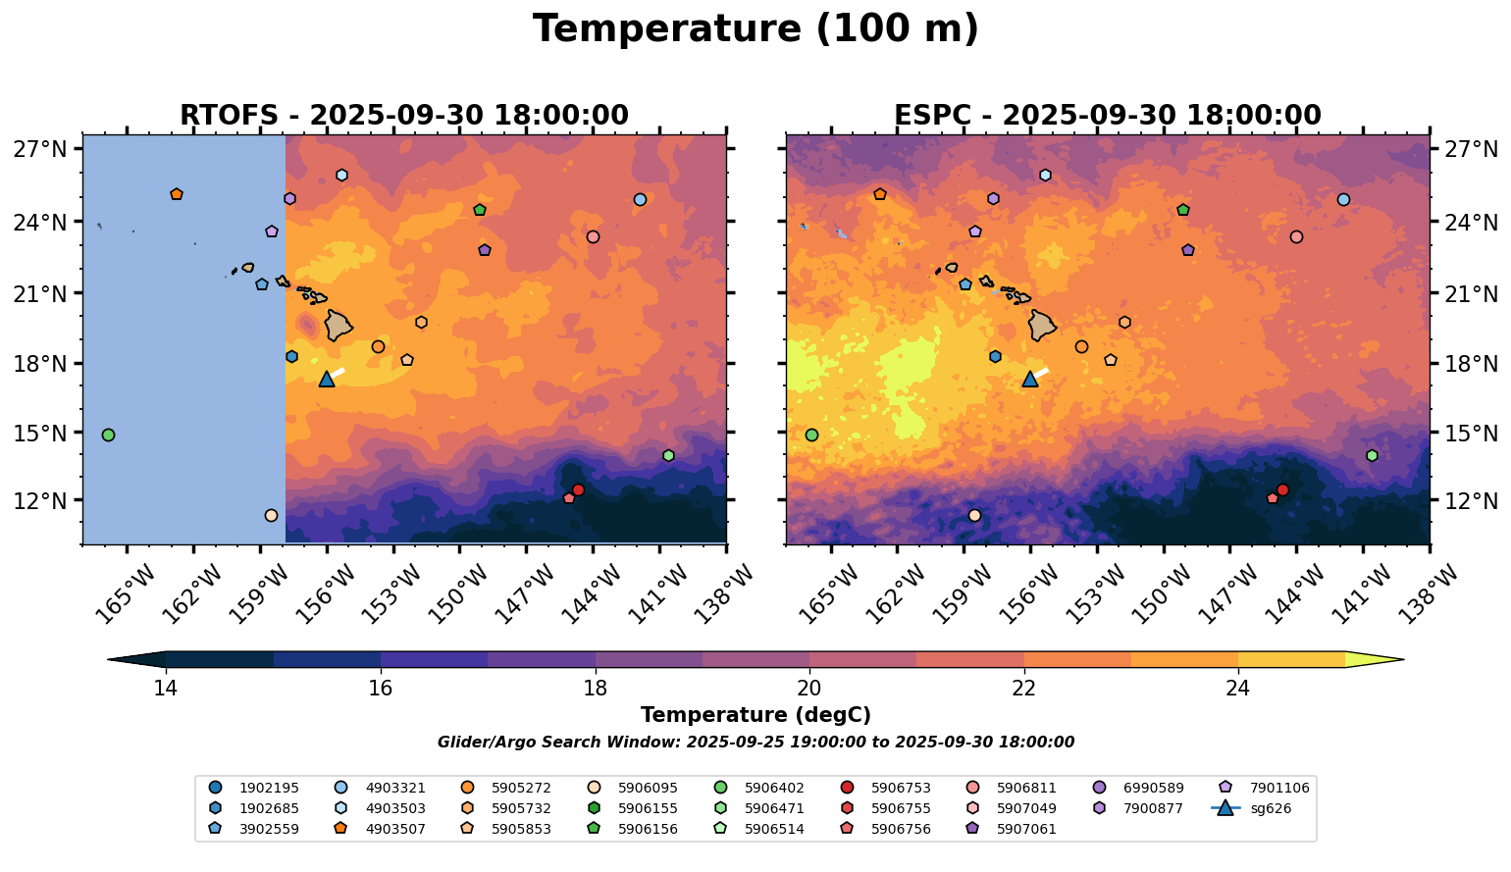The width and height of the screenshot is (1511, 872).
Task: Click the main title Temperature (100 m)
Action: tap(755, 29)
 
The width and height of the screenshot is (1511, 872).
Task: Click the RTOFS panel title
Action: tap(403, 116)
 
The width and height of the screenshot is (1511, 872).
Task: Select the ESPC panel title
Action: tap(1107, 116)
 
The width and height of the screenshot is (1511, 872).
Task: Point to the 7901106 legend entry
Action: tap(1272, 788)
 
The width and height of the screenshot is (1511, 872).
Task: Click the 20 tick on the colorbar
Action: tap(809, 688)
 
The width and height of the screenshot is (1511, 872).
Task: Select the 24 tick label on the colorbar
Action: tap(1238, 688)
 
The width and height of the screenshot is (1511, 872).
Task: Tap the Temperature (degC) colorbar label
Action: tap(755, 715)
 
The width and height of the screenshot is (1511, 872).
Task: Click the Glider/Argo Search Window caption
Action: tap(755, 743)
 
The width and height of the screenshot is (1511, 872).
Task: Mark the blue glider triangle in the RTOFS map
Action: tap(327, 380)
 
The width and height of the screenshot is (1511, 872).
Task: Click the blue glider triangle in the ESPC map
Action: tap(1030, 380)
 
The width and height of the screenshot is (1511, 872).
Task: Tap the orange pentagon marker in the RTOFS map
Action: tap(177, 194)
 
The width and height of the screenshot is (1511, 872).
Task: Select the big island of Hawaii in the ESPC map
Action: tap(1042, 325)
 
